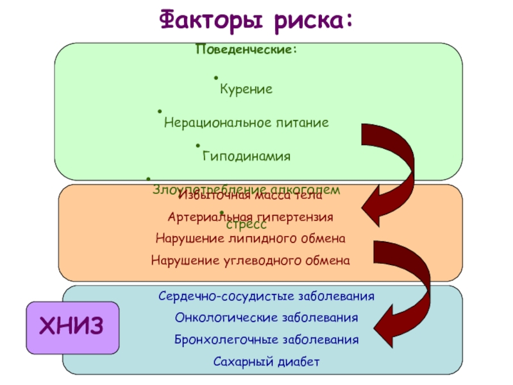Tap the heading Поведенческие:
246,49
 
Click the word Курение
246,89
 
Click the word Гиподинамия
246,156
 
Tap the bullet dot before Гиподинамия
198,146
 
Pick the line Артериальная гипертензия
249,217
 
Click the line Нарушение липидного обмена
251,239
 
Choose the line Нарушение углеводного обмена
251,261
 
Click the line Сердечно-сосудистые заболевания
266,296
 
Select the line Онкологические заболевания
266,318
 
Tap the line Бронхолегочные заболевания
266,339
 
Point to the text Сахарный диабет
266,361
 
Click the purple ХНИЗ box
71,327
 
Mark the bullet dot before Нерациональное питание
160,112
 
